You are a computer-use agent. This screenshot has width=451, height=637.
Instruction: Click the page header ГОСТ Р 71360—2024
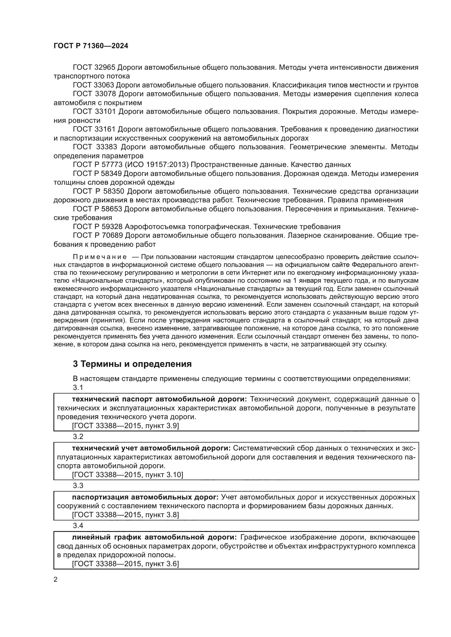91,46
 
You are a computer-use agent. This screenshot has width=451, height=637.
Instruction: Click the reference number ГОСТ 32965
93,68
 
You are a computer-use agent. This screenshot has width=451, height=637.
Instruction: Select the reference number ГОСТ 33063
93,85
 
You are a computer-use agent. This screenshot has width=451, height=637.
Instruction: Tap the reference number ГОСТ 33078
94,94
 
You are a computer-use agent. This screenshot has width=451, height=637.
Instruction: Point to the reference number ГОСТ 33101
94,112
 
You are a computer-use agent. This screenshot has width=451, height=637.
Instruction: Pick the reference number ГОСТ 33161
93,129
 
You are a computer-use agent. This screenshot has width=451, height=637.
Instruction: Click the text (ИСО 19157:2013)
157,165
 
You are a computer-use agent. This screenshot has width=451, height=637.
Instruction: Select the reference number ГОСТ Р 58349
97,174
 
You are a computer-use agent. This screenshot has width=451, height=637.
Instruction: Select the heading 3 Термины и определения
132,364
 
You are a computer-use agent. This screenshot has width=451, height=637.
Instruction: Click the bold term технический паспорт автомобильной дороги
160,399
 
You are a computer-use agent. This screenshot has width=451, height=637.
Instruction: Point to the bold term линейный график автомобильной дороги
154,537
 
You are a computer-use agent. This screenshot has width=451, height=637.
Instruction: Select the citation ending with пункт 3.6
125,564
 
